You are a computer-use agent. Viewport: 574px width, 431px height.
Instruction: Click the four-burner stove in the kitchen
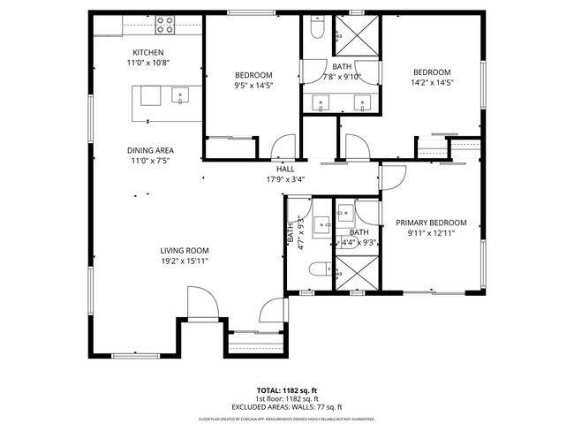165,26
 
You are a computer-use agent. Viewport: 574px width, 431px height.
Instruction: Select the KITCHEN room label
148,52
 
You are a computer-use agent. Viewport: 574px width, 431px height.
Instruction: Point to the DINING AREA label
150,150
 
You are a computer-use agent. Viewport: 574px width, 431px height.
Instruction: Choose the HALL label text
285,170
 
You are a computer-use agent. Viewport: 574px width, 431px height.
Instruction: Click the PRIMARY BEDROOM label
430,223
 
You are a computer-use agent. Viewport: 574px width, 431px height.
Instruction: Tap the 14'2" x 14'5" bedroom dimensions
433,83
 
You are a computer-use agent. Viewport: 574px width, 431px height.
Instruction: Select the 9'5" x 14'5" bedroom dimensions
253,87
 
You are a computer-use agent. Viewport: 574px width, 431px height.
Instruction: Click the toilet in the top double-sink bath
318,34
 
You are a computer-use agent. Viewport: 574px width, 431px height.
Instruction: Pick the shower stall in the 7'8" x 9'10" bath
359,35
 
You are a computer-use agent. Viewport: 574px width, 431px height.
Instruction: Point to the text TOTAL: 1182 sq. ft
286,389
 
